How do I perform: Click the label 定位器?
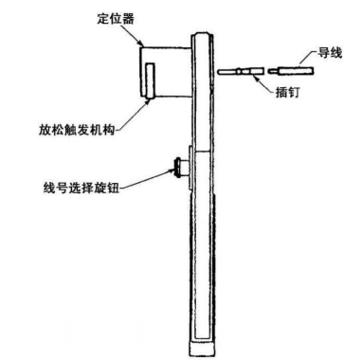[118, 18]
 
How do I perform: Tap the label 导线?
[330, 56]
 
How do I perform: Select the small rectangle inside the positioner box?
[149, 81]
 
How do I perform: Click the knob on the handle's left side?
[178, 169]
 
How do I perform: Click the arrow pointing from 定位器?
[138, 38]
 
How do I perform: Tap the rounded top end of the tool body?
[200, 36]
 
